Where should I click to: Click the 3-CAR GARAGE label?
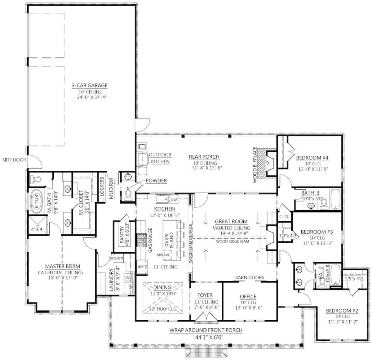(90, 85)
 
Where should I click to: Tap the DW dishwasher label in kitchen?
(174, 200)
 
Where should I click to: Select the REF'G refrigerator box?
(142, 267)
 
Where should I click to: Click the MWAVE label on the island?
(163, 255)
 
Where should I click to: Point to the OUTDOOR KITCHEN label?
(160, 158)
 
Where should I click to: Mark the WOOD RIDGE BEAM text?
(232, 241)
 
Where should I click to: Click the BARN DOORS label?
(250, 277)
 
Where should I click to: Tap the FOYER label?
(205, 295)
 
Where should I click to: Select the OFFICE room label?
(248, 297)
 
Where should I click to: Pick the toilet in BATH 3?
(324, 204)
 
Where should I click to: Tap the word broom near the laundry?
(116, 258)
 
